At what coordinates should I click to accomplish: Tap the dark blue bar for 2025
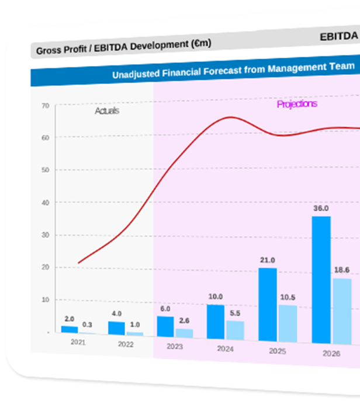pyautogui.click(x=268, y=304)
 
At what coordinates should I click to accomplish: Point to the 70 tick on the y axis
pyautogui.click(x=46, y=106)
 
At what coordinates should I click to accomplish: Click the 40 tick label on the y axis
pyautogui.click(x=46, y=203)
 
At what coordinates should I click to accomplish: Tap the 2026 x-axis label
pyautogui.click(x=331, y=353)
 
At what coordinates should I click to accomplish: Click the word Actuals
pyautogui.click(x=107, y=110)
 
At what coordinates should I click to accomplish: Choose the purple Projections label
pyautogui.click(x=297, y=104)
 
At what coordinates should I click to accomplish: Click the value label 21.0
pyautogui.click(x=268, y=260)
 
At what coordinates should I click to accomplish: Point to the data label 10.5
pyautogui.click(x=288, y=297)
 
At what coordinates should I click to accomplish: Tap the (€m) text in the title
pyautogui.click(x=200, y=44)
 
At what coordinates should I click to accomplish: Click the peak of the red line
pyautogui.click(x=230, y=117)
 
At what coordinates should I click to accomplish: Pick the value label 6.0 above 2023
pyautogui.click(x=165, y=309)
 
